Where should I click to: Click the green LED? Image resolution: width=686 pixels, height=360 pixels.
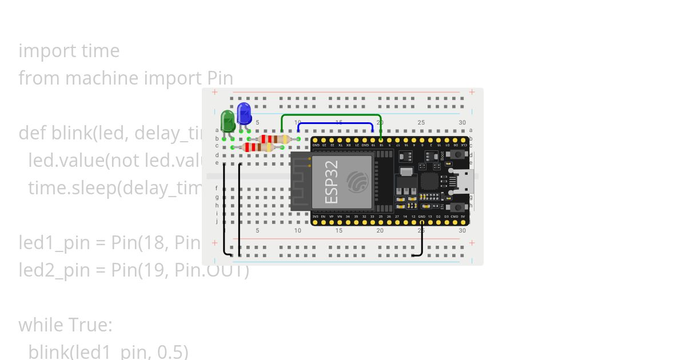tap(228, 121)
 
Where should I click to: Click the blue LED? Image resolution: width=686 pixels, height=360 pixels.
tap(244, 113)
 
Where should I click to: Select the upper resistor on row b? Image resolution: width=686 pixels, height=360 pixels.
tap(274, 139)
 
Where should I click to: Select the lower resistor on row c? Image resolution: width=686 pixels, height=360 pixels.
tap(258, 147)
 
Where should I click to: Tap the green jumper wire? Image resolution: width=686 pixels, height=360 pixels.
tap(331, 115)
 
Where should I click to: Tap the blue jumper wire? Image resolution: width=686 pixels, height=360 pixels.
tap(336, 123)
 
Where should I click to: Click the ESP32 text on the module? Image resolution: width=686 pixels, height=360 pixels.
tap(331, 182)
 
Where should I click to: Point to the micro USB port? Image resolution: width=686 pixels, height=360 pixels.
tap(465, 181)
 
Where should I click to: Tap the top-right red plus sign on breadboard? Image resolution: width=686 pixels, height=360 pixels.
tap(472, 92)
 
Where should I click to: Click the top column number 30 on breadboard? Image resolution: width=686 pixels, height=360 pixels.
tap(462, 123)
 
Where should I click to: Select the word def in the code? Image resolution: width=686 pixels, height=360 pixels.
tap(33, 133)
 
